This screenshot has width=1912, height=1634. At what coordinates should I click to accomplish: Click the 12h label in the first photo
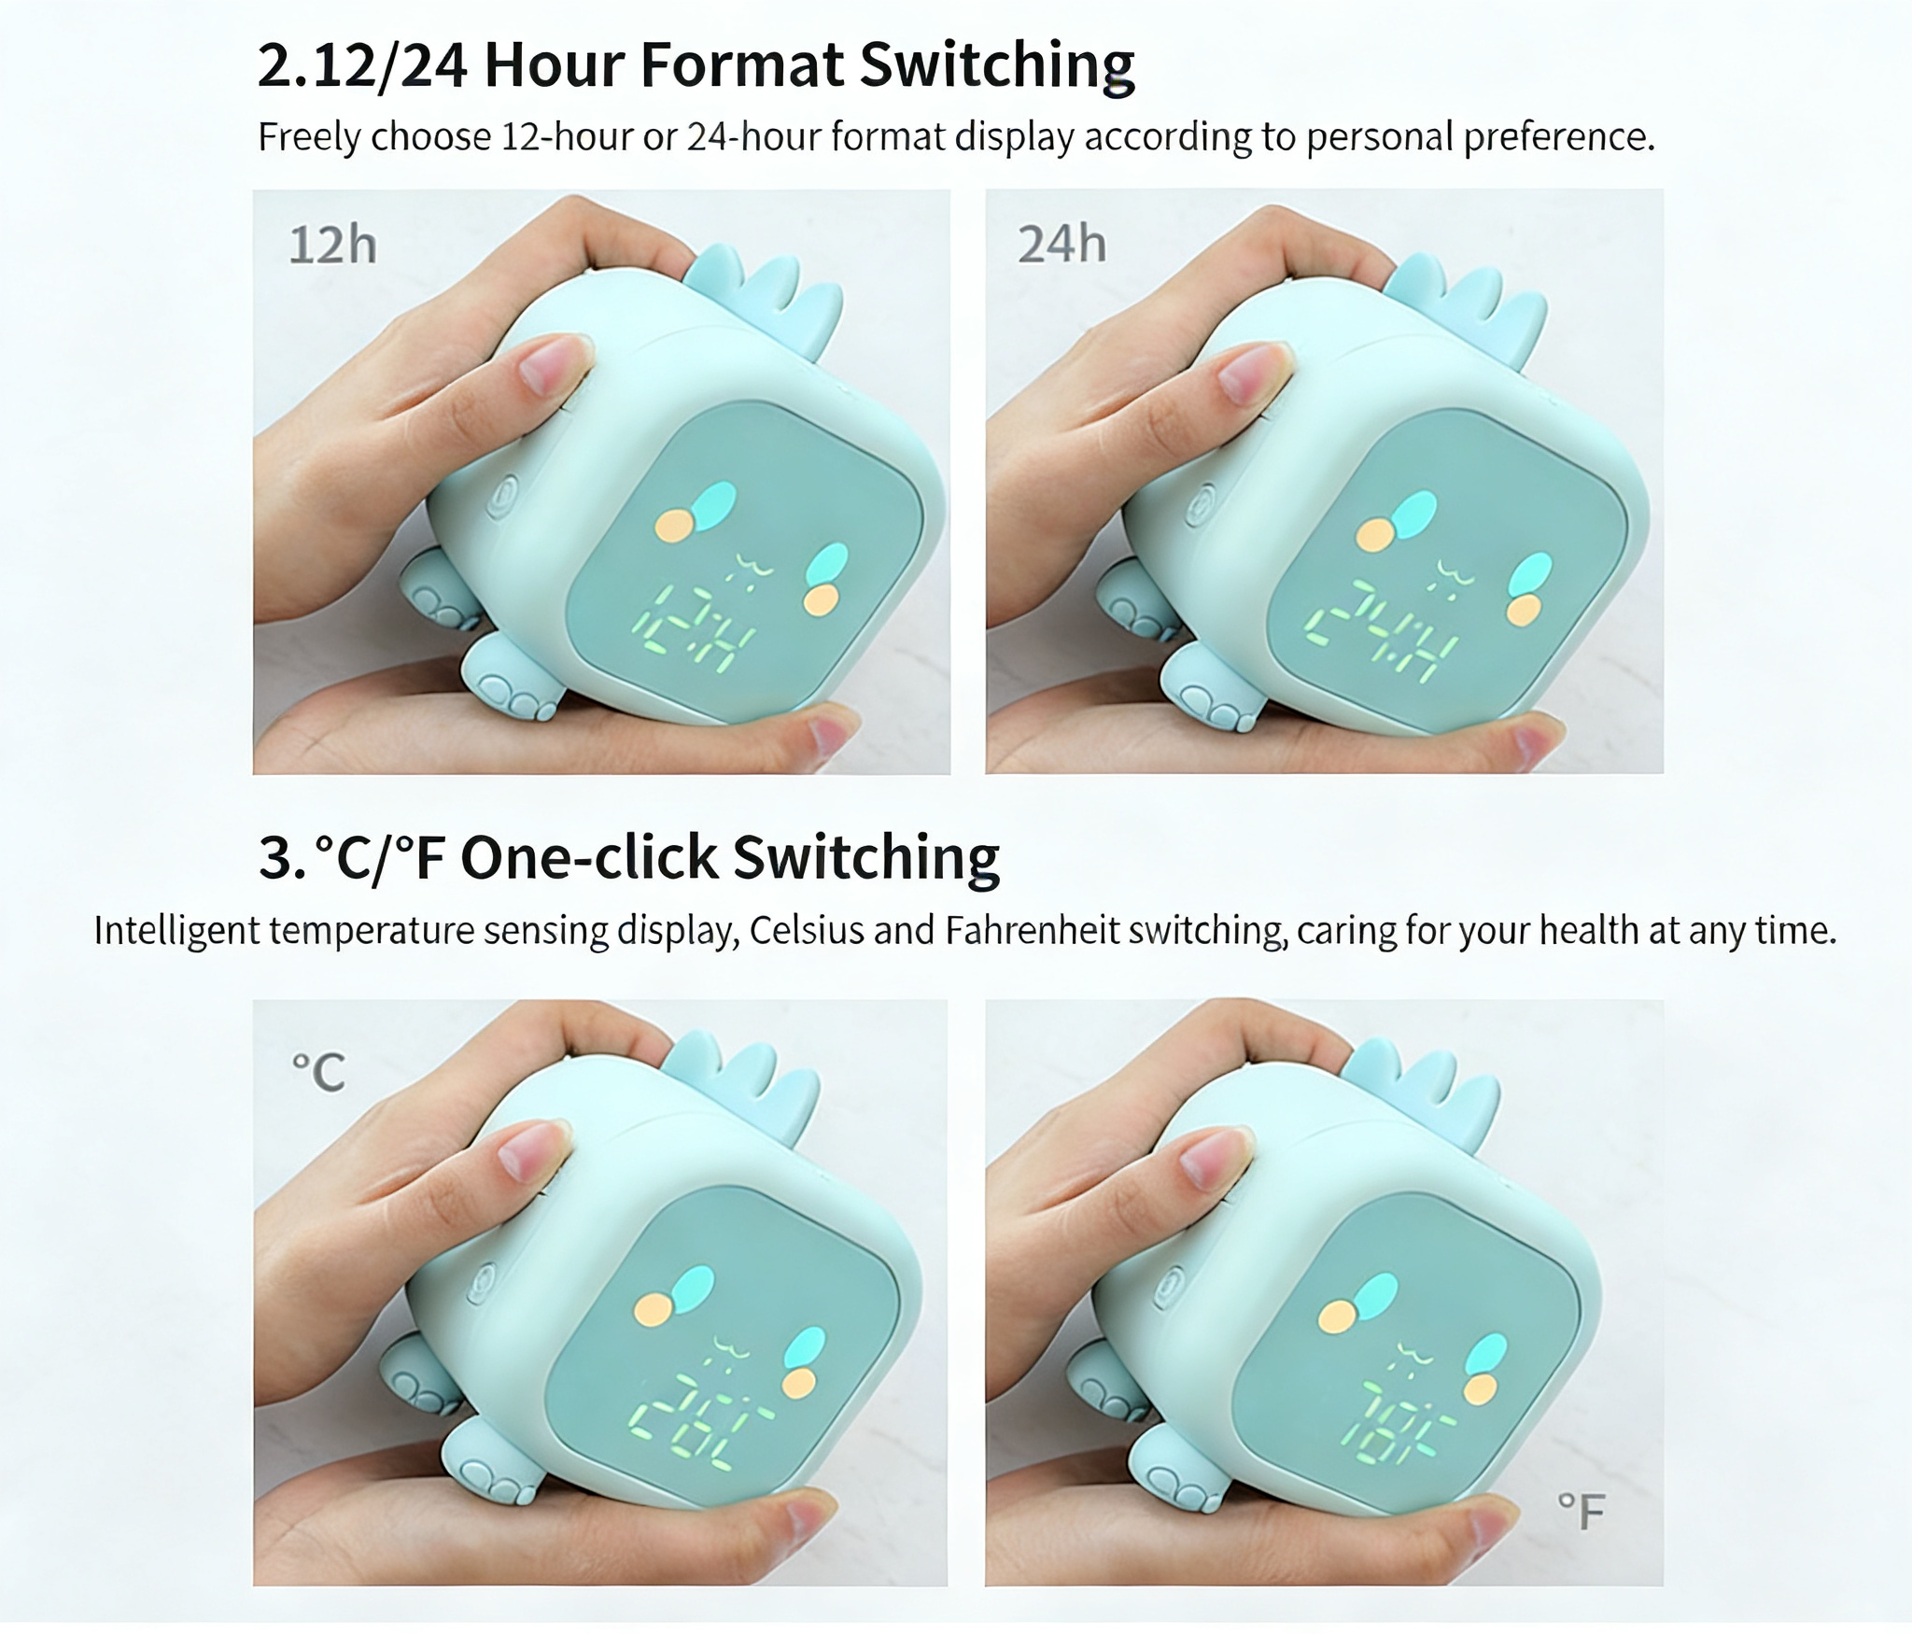[x=332, y=245]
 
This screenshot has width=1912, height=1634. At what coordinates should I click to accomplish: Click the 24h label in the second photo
[x=1061, y=244]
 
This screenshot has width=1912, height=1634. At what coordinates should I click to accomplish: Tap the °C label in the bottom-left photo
[x=318, y=1072]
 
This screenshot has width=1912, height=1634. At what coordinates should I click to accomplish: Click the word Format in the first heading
[x=742, y=65]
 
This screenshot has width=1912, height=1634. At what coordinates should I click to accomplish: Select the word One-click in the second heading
[x=588, y=857]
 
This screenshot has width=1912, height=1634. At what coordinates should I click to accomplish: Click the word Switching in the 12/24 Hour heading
[x=996, y=65]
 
